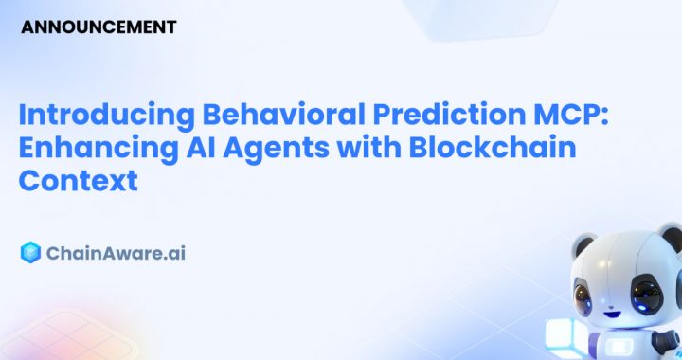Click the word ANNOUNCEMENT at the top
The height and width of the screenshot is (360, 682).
point(99,27)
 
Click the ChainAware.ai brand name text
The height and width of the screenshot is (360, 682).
point(117,253)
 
